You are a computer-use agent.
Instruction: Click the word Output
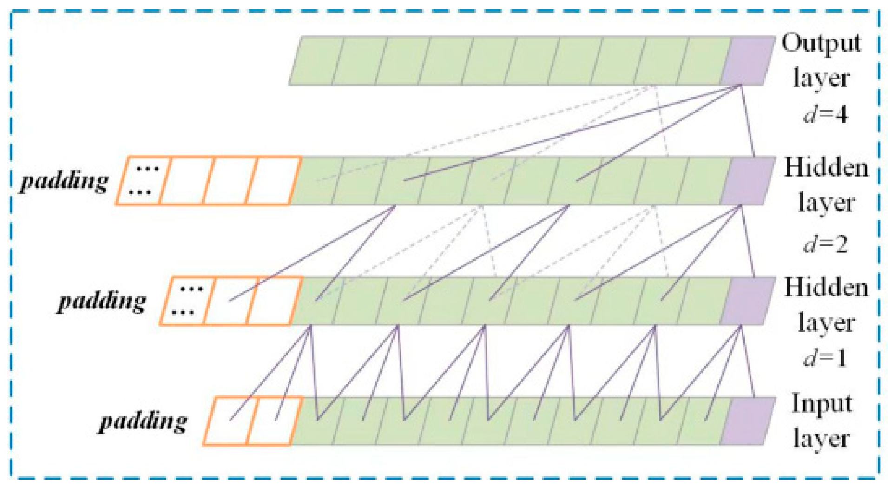click(821, 44)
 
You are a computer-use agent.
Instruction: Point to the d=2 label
click(825, 244)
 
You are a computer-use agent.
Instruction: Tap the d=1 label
click(825, 358)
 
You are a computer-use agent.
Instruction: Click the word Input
click(822, 404)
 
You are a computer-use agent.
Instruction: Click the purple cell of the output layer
click(748, 60)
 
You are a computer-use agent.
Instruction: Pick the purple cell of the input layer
click(748, 421)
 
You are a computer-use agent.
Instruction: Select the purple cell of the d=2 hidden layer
click(748, 181)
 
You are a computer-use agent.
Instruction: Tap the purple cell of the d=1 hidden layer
click(748, 301)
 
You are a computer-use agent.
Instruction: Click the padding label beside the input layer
click(143, 421)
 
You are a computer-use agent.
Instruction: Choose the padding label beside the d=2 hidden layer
click(64, 181)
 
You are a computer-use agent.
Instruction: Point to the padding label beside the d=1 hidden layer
click(102, 301)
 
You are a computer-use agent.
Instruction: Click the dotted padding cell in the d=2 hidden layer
click(143, 181)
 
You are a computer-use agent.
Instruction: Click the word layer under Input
click(822, 438)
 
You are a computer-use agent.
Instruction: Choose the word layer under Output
click(822, 78)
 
